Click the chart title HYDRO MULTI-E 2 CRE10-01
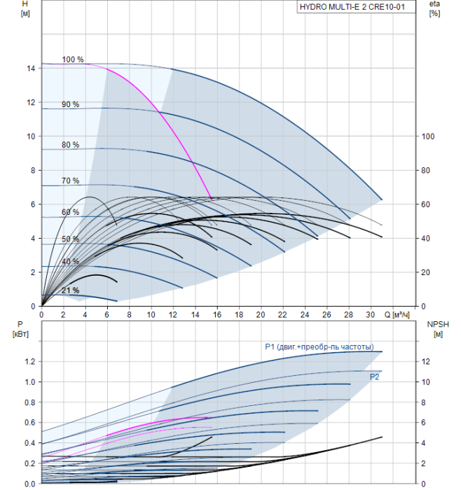click(x=352, y=7)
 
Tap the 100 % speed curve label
click(x=73, y=59)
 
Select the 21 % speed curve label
click(x=70, y=290)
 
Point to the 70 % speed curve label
click(x=70, y=181)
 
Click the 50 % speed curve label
click(x=70, y=239)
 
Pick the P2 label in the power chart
click(x=374, y=377)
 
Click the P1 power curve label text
click(x=319, y=347)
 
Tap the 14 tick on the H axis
click(x=31, y=68)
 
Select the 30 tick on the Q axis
click(x=371, y=314)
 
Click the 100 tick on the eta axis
click(x=428, y=136)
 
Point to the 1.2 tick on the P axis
click(x=30, y=362)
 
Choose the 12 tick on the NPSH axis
click(x=426, y=362)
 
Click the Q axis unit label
click(x=397, y=314)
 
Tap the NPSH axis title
click(x=438, y=324)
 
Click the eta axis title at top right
click(x=435, y=3)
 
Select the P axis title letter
click(x=20, y=324)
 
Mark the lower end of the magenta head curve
click(x=212, y=199)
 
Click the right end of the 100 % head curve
click(x=382, y=199)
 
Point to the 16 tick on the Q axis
click(x=217, y=314)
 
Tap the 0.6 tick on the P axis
click(x=30, y=423)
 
